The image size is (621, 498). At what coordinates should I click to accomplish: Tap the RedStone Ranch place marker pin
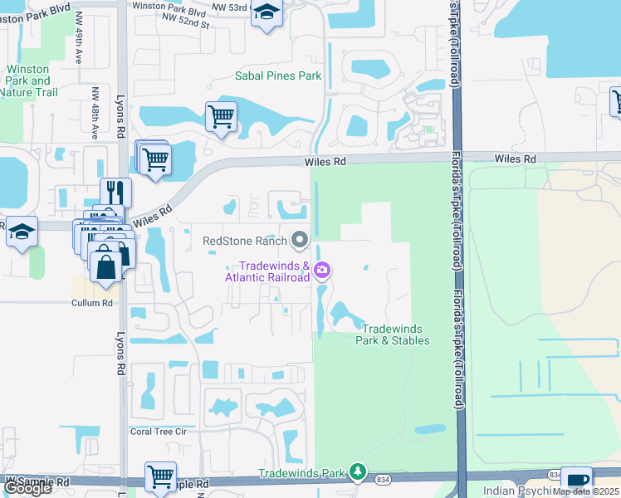(301, 241)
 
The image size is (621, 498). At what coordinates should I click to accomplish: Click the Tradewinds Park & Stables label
(393, 334)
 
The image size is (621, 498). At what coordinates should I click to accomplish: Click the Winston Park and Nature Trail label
(29, 81)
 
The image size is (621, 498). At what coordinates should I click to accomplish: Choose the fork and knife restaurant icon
(116, 193)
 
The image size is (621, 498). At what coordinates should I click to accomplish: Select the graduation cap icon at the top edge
(266, 12)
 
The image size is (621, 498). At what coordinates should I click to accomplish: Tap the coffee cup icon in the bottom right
(578, 481)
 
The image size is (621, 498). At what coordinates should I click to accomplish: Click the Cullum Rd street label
(91, 303)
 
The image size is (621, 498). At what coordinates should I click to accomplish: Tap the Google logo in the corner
(27, 488)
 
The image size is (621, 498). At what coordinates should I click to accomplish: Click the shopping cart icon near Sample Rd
(160, 476)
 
